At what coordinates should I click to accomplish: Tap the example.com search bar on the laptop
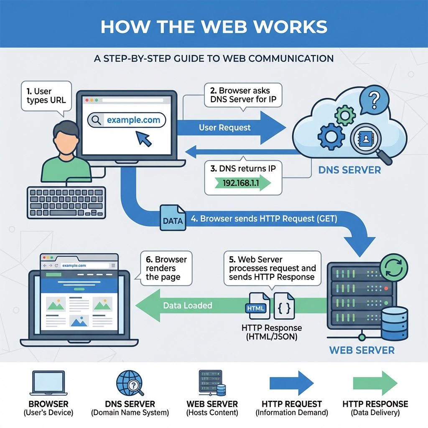(x=127, y=120)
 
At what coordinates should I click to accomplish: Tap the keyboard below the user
(x=66, y=202)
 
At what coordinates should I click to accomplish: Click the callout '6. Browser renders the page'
(x=166, y=268)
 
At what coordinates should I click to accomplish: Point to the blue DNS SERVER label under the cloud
(x=349, y=170)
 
